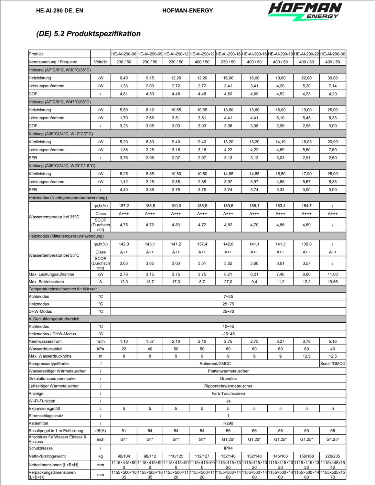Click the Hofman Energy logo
[x=305, y=11]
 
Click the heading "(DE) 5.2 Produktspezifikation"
[x=88, y=34]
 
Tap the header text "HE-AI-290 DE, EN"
[x=59, y=11]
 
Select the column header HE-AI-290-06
[x=124, y=54]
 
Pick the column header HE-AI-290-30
[x=333, y=54]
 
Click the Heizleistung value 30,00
[x=333, y=78]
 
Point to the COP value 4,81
[x=124, y=94]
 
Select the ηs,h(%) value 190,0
[x=176, y=206]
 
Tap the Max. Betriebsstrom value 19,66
[x=333, y=282]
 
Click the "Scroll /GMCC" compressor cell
[x=333, y=364]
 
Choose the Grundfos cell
[x=228, y=379]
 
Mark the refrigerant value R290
[x=228, y=423]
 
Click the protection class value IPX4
[x=228, y=448]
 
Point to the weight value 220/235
[x=333, y=456]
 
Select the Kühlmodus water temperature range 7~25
[x=228, y=296]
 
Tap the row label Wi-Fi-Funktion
[x=42, y=401]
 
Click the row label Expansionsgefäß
[x=45, y=409]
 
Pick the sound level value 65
[x=333, y=431]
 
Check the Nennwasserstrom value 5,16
[x=333, y=341]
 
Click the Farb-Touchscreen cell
[x=228, y=393]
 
